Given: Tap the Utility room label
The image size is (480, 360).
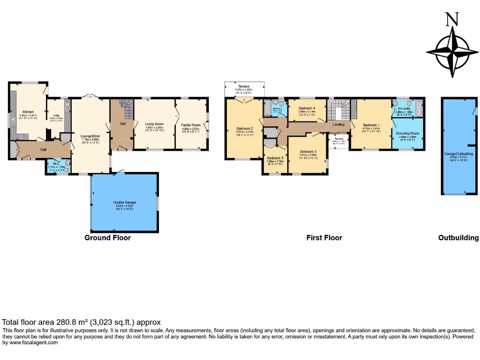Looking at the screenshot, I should click(56, 115).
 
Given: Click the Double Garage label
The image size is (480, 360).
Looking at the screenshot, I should click(124, 202).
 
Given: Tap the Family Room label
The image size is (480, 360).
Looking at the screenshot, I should click(191, 125).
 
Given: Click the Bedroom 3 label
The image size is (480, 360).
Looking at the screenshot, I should click(308, 151).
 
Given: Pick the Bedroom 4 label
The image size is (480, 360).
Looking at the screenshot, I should click(307, 108).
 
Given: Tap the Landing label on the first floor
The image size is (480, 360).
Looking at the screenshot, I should click(338, 125).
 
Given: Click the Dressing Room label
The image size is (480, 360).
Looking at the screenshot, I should click(407, 134).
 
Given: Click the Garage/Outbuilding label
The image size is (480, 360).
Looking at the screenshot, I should click(458, 154).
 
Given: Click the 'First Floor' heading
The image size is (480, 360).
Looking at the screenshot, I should click(324, 238).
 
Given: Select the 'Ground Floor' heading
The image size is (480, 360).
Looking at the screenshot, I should click(107, 238).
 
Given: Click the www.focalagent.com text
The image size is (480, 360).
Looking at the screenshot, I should click(30, 343).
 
